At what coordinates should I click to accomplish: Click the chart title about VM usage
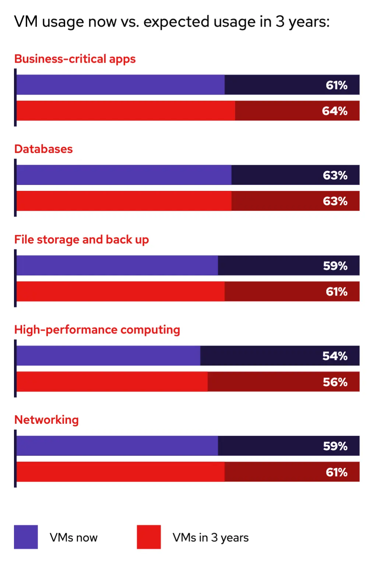point(172,22)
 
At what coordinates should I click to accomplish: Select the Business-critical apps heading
point(75,59)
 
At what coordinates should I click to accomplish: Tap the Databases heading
point(43,149)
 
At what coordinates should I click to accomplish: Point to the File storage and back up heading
point(81,240)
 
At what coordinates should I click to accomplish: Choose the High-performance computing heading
point(97,330)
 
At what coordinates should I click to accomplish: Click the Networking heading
point(46,420)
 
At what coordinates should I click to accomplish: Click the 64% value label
point(335,111)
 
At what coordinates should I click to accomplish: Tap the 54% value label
point(335,356)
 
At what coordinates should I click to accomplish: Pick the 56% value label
point(335,382)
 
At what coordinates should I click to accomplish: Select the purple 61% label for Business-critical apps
point(337,85)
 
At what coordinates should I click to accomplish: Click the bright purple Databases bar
point(124,175)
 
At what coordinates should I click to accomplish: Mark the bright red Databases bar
point(124,201)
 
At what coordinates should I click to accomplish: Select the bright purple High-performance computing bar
point(108,356)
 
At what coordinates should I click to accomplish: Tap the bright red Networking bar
point(120,472)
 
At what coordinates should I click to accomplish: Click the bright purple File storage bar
point(117,266)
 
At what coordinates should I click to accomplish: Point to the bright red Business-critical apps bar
point(126,111)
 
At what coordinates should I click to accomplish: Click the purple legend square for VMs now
point(26,537)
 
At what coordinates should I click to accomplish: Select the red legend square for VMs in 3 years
point(149,537)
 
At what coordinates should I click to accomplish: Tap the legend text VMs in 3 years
point(211,538)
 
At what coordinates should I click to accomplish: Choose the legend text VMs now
point(74,538)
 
